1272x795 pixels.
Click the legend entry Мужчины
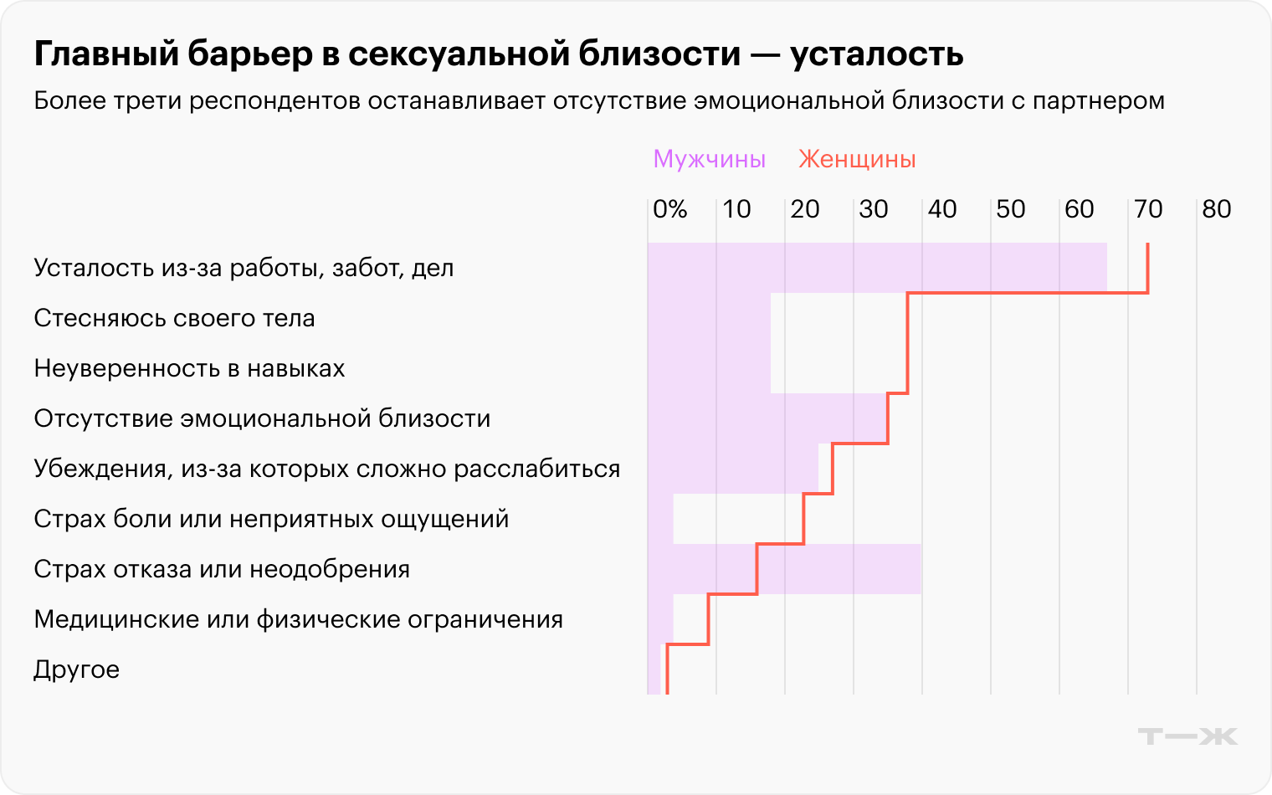[709, 159]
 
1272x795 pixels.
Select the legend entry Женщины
[857, 159]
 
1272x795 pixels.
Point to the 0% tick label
[669, 209]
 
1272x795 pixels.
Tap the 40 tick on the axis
[941, 209]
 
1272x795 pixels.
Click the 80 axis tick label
[1216, 209]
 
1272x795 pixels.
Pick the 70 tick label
[1147, 209]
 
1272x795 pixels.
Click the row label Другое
[76, 669]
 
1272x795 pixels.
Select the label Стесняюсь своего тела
[174, 318]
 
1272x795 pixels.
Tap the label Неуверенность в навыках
[189, 368]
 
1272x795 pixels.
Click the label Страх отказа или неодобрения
[222, 569]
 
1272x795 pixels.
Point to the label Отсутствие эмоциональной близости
[262, 418]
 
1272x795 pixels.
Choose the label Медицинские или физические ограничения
[298, 619]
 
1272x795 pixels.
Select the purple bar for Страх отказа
[837, 569]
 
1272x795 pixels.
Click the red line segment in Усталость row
[1147, 268]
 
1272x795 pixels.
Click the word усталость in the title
[876, 54]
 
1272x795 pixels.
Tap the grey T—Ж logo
[1187, 736]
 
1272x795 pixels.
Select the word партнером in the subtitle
[1098, 100]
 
